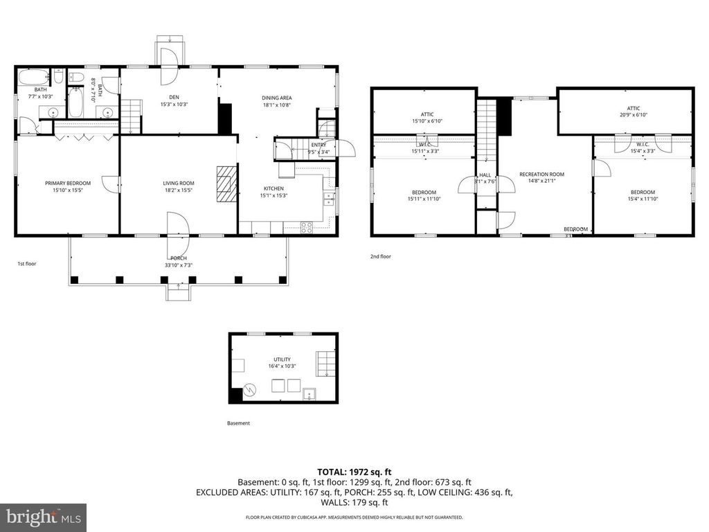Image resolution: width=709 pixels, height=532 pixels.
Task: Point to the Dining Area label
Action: pos(276,98)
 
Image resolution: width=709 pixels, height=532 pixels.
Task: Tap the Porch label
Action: pos(179,258)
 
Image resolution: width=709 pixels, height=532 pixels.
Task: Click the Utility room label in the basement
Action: pos(282,359)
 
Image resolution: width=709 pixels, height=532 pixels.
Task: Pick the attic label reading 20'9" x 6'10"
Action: pos(634,108)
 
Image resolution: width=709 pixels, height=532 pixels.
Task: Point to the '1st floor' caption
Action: pos(26,264)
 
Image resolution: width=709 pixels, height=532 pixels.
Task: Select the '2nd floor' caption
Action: pos(380,256)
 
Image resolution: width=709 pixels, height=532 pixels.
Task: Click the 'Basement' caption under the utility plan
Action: pos(238,423)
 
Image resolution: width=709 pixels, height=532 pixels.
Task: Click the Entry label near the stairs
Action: pos(318,144)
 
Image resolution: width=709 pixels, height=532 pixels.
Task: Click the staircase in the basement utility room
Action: pos(325,363)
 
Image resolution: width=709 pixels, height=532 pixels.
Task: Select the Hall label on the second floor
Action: pos(485,175)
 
